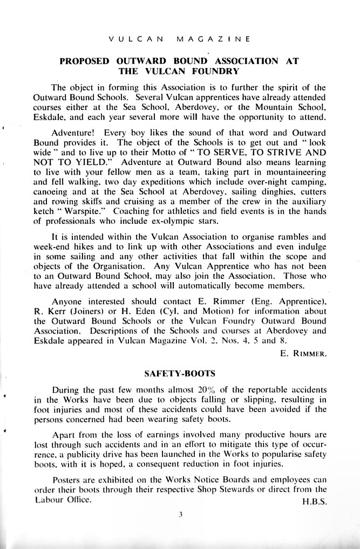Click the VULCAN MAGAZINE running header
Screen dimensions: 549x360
click(179, 39)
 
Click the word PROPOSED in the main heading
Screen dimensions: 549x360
click(86, 61)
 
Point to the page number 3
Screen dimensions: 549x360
click(182, 514)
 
